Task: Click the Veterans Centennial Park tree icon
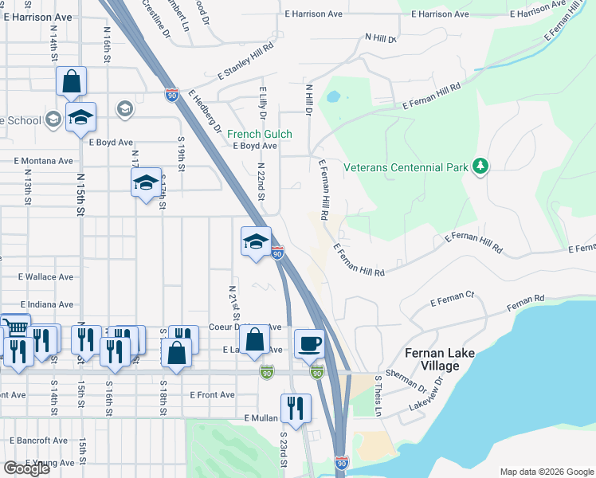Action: [480, 167]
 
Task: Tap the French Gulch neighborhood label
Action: [259, 134]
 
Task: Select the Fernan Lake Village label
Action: [432, 359]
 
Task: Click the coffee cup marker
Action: [309, 343]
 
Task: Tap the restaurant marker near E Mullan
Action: [296, 408]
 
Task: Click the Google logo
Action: [25, 468]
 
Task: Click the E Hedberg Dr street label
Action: [206, 109]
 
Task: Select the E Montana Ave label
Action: [42, 160]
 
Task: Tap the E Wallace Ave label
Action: [45, 277]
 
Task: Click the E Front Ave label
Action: [212, 394]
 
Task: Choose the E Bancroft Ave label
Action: [39, 440]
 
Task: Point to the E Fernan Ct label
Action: [452, 299]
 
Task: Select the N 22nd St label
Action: [261, 183]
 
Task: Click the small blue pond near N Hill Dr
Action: [333, 97]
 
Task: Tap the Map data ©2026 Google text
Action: [547, 472]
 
